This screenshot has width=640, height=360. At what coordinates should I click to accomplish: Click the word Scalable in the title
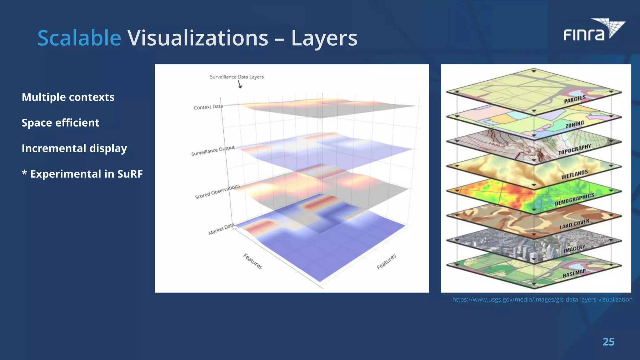(79, 38)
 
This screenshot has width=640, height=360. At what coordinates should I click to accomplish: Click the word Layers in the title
(324, 38)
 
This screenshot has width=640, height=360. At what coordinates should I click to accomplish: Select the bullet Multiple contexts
(68, 97)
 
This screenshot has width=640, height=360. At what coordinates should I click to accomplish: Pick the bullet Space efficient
(60, 123)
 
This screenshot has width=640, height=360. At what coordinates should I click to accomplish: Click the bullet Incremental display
(74, 148)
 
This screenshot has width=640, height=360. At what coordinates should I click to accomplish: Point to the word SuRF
(130, 174)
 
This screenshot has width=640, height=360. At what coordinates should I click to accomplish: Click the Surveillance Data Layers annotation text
(237, 77)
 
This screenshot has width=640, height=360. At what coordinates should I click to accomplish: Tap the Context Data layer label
(208, 107)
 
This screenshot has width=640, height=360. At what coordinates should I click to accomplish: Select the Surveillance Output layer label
(212, 151)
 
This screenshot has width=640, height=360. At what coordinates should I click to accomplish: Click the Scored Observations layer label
(217, 192)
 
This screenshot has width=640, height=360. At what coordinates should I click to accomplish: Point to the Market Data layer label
(221, 229)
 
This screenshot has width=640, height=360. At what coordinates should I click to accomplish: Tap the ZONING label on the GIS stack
(574, 124)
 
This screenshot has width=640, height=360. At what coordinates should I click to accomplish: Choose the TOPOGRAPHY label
(574, 149)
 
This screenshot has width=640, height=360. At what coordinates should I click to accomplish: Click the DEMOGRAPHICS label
(574, 199)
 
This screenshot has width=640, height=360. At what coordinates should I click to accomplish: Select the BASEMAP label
(574, 273)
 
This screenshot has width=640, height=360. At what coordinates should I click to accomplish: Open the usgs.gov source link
(542, 300)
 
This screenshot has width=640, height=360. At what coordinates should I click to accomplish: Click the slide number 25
(608, 342)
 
